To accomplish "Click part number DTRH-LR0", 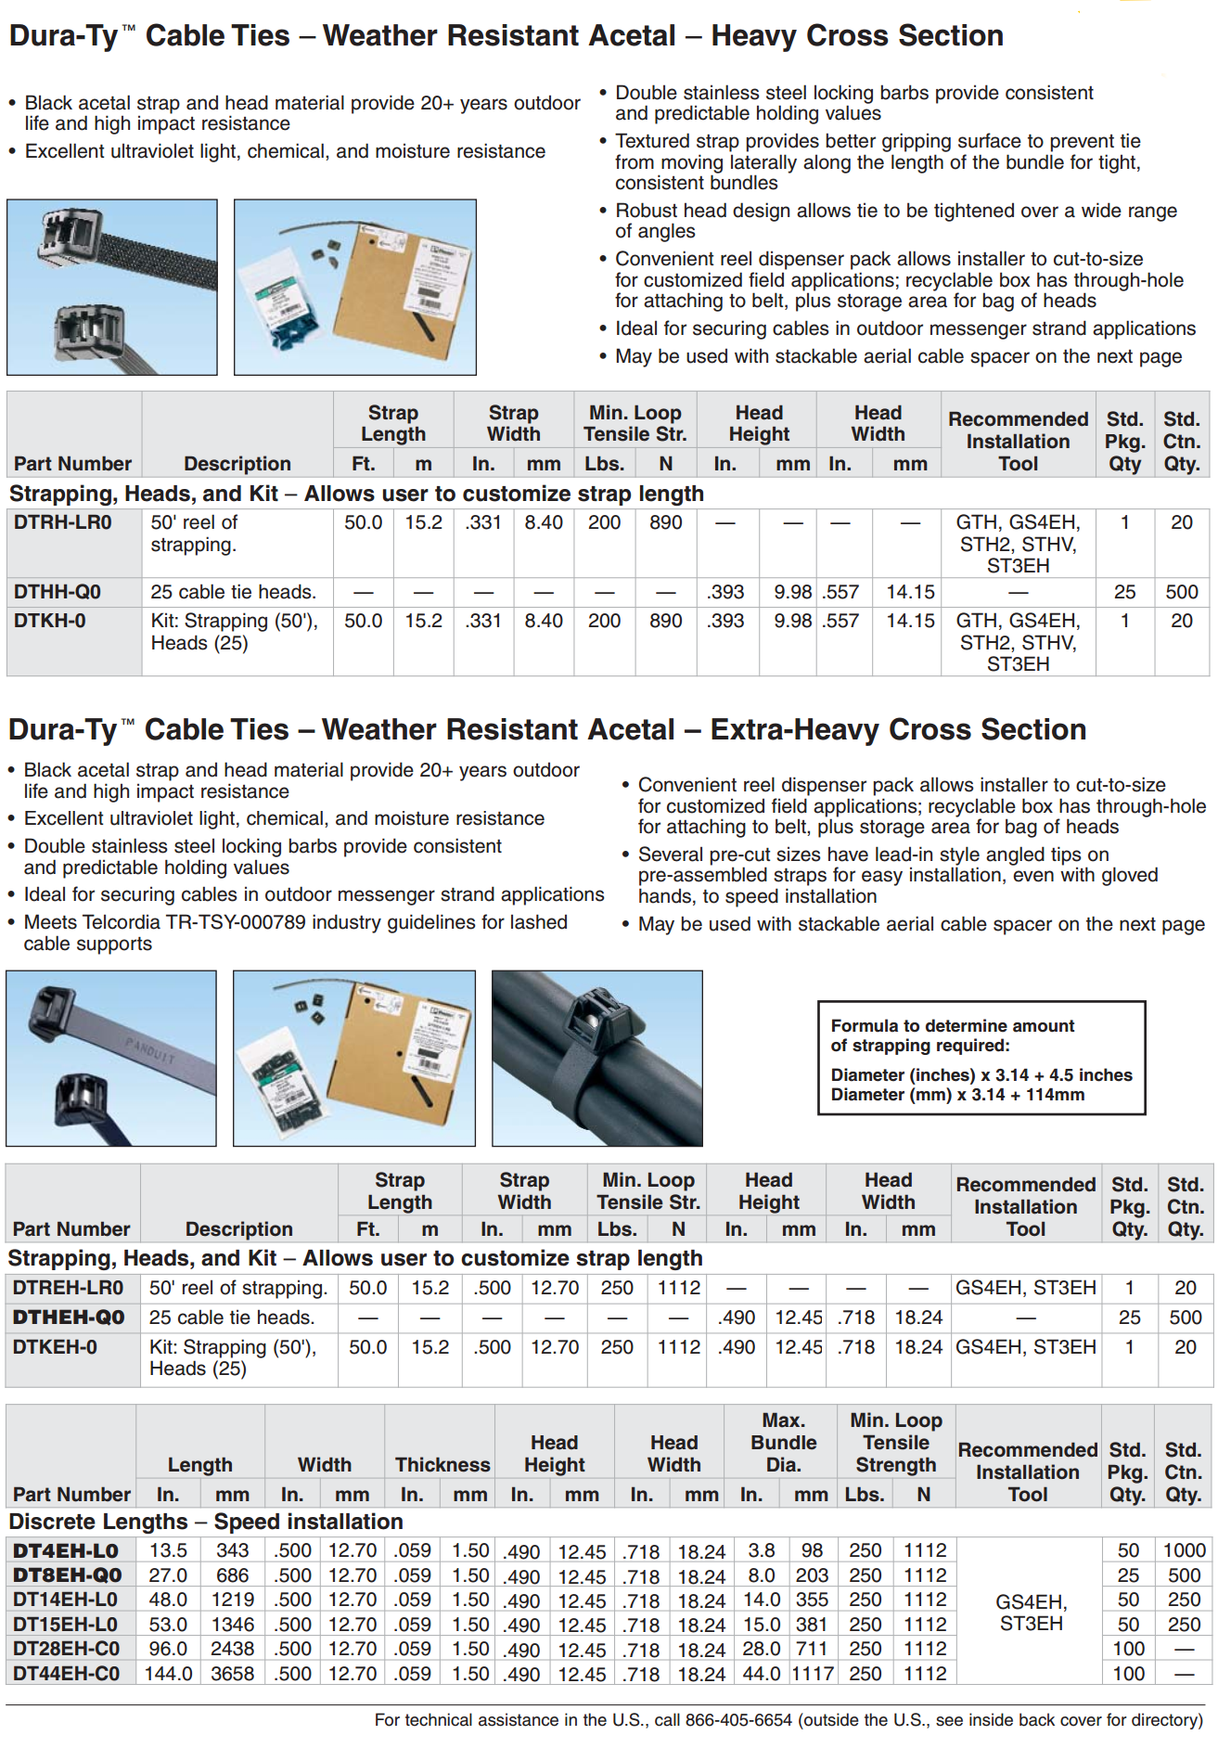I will pyautogui.click(x=62, y=522).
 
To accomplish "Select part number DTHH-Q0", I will pyautogui.click(x=57, y=592).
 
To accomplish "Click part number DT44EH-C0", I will pyautogui.click(x=66, y=1674).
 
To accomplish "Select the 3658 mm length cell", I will pyautogui.click(x=232, y=1674).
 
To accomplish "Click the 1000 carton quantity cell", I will pyautogui.click(x=1185, y=1550).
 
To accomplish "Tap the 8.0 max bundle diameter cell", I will pyautogui.click(x=762, y=1575).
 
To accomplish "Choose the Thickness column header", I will pyautogui.click(x=442, y=1464).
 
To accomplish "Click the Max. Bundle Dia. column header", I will pyautogui.click(x=783, y=1442).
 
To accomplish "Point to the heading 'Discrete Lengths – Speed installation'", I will pyautogui.click(x=206, y=1522).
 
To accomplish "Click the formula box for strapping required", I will pyautogui.click(x=981, y=1059).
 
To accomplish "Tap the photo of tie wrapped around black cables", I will pyautogui.click(x=596, y=1059).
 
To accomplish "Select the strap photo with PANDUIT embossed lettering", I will pyautogui.click(x=111, y=1059).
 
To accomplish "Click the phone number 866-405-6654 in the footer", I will pyautogui.click(x=738, y=1720).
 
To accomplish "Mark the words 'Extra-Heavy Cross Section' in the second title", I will pyautogui.click(x=898, y=730).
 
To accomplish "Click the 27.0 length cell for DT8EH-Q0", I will pyautogui.click(x=169, y=1575).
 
